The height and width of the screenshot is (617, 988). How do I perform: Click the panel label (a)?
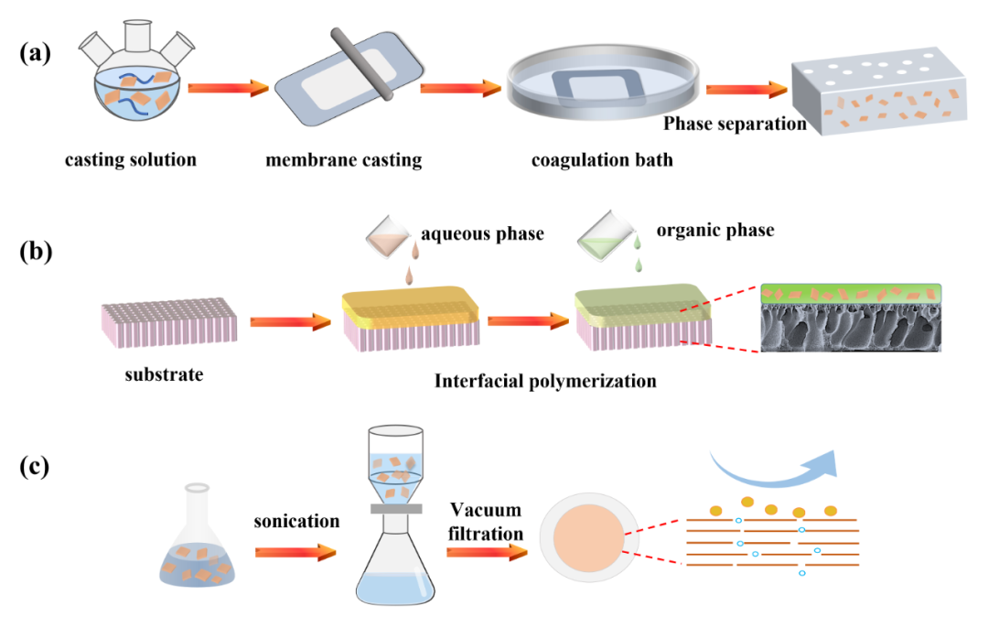[x=36, y=52]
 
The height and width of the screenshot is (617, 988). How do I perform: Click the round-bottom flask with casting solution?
[x=136, y=88]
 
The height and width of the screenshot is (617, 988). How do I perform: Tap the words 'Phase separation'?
[x=735, y=124]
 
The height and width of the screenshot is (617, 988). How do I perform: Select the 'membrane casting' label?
[x=344, y=160]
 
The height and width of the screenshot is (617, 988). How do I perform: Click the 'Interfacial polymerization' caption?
[x=545, y=381]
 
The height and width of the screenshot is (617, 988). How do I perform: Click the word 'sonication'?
[x=297, y=521]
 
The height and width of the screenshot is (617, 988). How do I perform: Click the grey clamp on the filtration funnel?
[x=395, y=508]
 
